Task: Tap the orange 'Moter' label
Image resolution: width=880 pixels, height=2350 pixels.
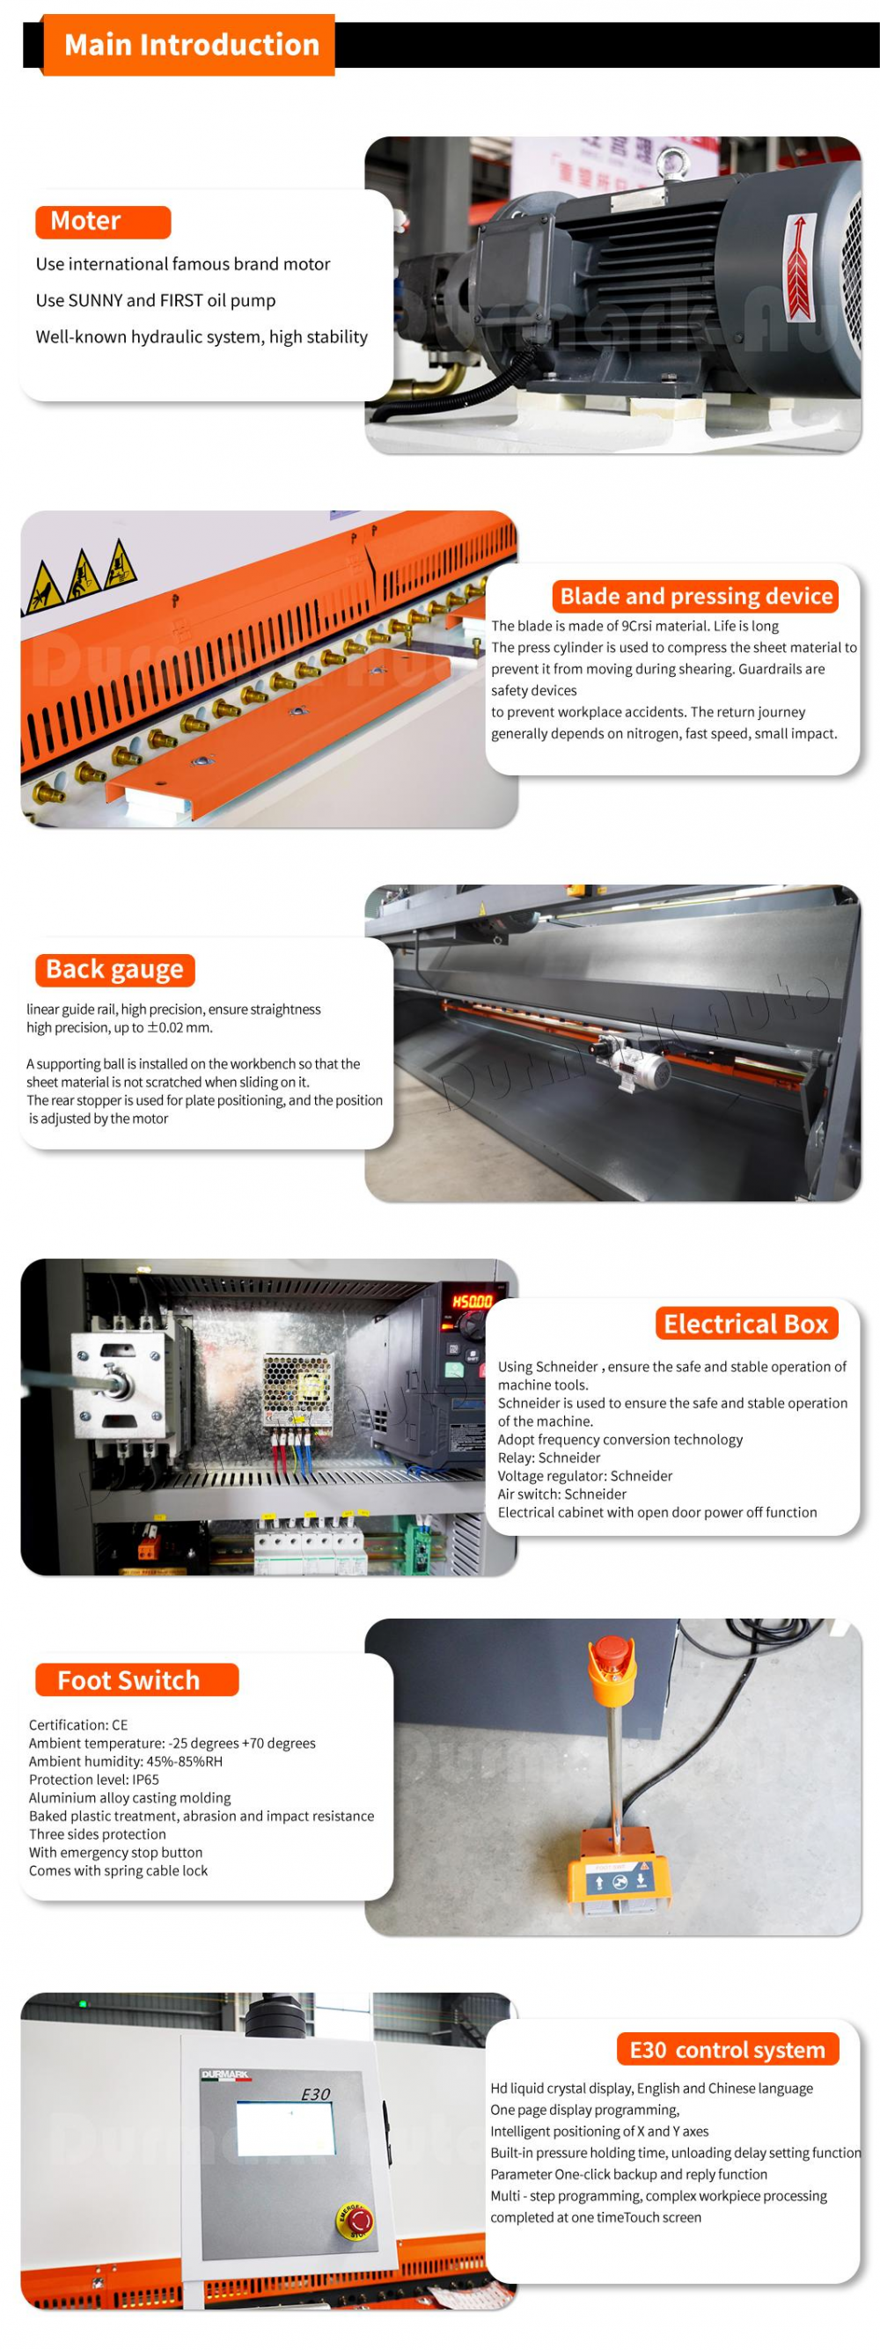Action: [x=103, y=222]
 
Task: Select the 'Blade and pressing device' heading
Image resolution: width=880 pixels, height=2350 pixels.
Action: [x=695, y=597]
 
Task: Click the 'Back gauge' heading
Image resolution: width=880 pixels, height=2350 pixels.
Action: [x=115, y=970]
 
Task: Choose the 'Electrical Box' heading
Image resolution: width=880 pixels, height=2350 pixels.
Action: [x=746, y=1325]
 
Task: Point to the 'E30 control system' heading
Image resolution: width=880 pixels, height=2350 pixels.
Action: [x=727, y=2050]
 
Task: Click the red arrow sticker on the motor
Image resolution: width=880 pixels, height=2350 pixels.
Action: [x=799, y=267]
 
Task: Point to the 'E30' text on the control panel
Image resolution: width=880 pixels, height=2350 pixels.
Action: [x=316, y=2094]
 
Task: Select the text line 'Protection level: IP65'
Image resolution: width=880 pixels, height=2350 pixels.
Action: [x=94, y=1780]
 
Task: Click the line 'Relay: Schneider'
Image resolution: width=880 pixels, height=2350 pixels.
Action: [x=549, y=1458]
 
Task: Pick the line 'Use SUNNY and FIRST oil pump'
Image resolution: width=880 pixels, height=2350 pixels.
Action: [x=155, y=300]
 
